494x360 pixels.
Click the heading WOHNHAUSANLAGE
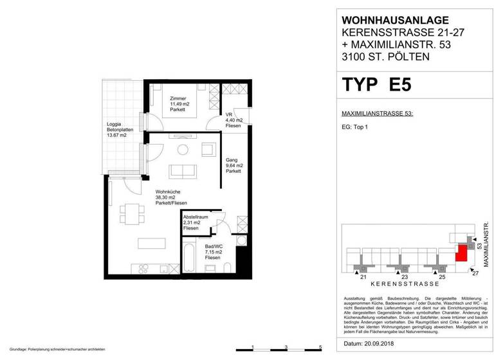(x=390, y=21)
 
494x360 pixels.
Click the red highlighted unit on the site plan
(x=461, y=253)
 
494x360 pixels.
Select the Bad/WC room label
(x=197, y=251)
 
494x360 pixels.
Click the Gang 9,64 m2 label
(x=233, y=166)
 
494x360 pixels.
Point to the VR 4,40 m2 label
(x=233, y=120)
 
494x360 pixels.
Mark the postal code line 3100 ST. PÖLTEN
(x=385, y=57)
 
